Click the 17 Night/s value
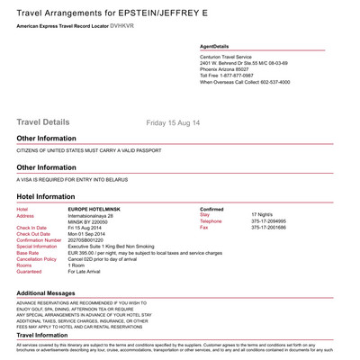[x=265, y=216]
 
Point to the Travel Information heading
[x=52, y=336]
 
